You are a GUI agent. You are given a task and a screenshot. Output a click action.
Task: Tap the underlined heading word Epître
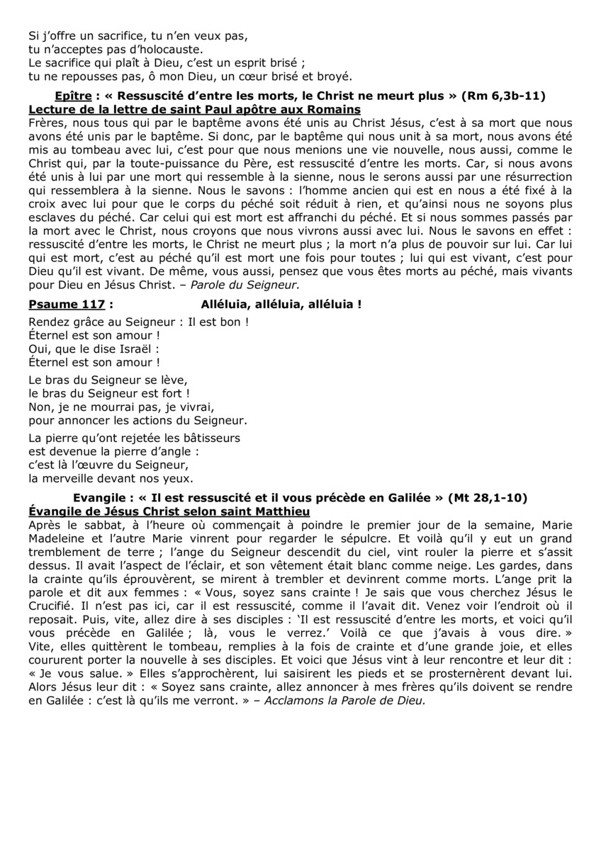tap(72, 96)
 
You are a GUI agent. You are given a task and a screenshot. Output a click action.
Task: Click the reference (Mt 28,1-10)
tap(487, 498)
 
